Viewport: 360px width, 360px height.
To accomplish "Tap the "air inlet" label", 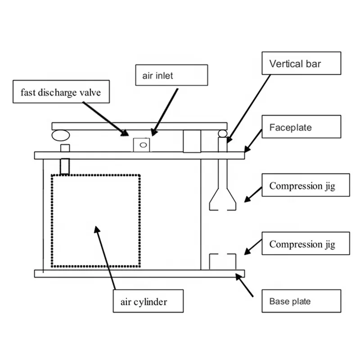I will [171, 75].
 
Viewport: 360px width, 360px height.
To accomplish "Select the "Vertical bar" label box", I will [301, 63].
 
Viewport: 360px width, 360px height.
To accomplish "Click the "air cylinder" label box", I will [148, 301].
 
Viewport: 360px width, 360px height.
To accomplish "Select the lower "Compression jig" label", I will [305, 244].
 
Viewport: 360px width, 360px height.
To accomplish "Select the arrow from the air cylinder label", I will [105, 256].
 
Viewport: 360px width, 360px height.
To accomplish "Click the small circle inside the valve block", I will [143, 145].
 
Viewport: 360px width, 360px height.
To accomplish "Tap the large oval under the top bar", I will [60, 135].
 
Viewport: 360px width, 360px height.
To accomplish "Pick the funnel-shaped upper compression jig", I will [223, 189].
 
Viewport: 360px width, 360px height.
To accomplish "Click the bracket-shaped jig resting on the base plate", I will [223, 261].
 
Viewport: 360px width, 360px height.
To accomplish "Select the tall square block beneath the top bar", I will [192, 141].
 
